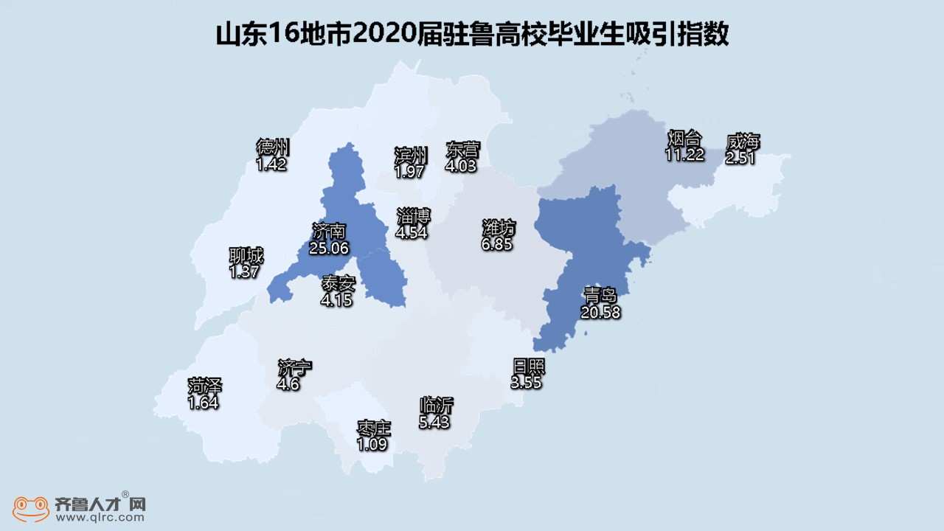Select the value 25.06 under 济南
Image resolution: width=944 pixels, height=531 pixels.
[x=329, y=249]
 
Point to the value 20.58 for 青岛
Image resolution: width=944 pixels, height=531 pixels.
[x=600, y=312]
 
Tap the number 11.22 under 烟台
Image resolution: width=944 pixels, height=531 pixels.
[x=684, y=154]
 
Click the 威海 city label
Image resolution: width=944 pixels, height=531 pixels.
[x=742, y=142]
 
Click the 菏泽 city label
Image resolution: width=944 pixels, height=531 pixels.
[x=204, y=387]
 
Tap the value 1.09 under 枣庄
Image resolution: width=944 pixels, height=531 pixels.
[x=372, y=445]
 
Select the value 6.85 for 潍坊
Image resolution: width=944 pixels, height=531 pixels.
[x=497, y=242]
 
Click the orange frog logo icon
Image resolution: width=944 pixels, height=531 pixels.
[x=27, y=507]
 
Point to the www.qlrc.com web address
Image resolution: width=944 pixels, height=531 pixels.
[x=100, y=518]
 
